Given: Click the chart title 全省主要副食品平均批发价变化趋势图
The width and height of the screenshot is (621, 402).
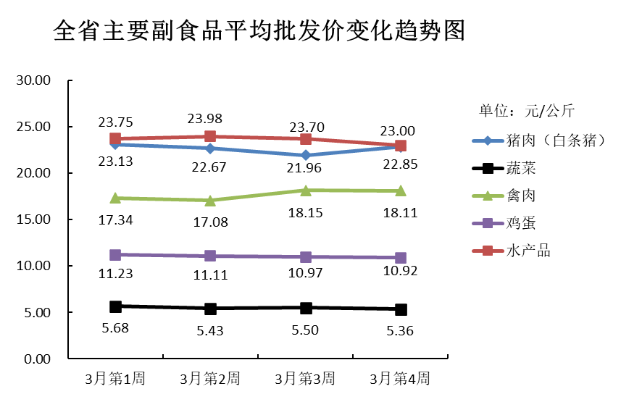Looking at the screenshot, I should pos(259,30).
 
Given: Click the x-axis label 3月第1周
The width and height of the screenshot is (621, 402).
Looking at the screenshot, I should pos(115,378).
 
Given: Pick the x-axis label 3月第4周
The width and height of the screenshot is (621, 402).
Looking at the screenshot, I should pos(400,378).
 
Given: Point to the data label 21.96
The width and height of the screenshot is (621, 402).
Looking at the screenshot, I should pos(306,168).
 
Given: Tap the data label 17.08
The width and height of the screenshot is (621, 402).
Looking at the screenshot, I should pos(210,222).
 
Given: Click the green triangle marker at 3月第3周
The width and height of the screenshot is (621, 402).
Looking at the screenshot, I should pos(306,190).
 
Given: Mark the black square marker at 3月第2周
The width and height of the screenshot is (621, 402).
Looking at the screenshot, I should pos(210,309).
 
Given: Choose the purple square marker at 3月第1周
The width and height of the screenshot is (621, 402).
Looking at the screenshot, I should pos(115,255).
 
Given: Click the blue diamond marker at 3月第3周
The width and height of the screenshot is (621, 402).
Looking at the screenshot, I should pos(306,155).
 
